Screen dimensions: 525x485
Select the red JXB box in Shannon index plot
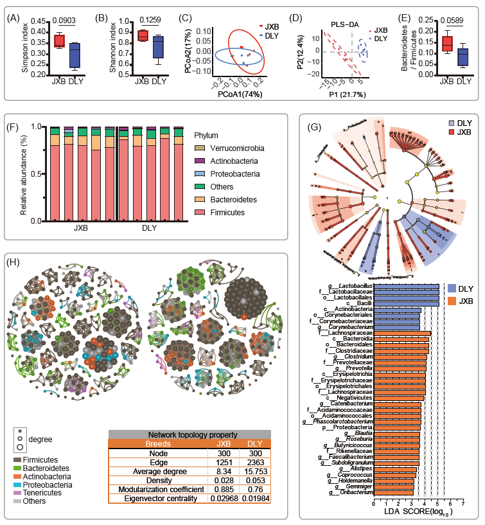[x=143, y=35]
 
